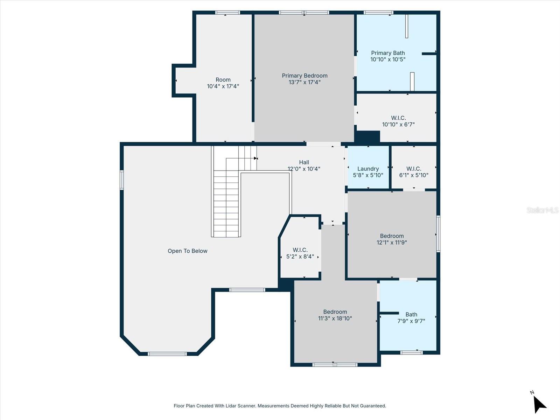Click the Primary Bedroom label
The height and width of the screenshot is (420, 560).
coord(304,76)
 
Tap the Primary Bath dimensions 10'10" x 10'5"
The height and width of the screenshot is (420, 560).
coord(388,59)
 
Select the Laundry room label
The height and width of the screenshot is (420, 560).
coord(368,169)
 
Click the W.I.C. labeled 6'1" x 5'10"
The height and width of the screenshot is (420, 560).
coord(414,172)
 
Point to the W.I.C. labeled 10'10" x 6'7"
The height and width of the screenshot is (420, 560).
coord(398,121)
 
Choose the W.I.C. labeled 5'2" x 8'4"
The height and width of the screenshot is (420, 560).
coord(300,253)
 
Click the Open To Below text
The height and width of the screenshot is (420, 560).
coord(187,251)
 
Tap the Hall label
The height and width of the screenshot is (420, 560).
coord(304,162)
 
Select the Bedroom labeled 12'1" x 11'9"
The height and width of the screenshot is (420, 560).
coord(392,239)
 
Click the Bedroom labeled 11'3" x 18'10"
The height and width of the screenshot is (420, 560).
coord(335,315)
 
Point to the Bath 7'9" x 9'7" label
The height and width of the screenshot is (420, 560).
coord(411,317)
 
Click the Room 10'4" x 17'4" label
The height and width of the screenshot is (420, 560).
coord(223,83)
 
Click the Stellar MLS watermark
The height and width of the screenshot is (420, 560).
coord(542,210)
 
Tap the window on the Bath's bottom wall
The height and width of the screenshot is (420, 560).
coord(411,352)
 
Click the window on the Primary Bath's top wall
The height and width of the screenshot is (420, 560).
coord(378,13)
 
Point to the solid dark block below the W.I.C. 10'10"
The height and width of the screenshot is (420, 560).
coord(367,136)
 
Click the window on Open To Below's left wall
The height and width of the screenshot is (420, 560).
coord(122,180)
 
